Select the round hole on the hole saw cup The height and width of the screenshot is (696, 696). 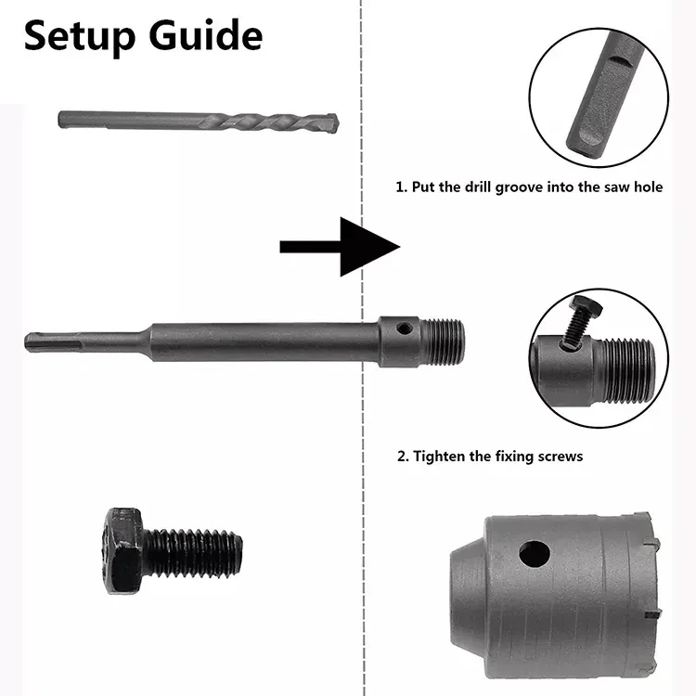pyautogui.click(x=534, y=555)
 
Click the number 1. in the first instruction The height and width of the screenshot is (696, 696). pyautogui.click(x=402, y=187)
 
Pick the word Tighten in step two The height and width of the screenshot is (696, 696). pyautogui.click(x=442, y=456)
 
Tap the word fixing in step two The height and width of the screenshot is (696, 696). pyautogui.click(x=510, y=456)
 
